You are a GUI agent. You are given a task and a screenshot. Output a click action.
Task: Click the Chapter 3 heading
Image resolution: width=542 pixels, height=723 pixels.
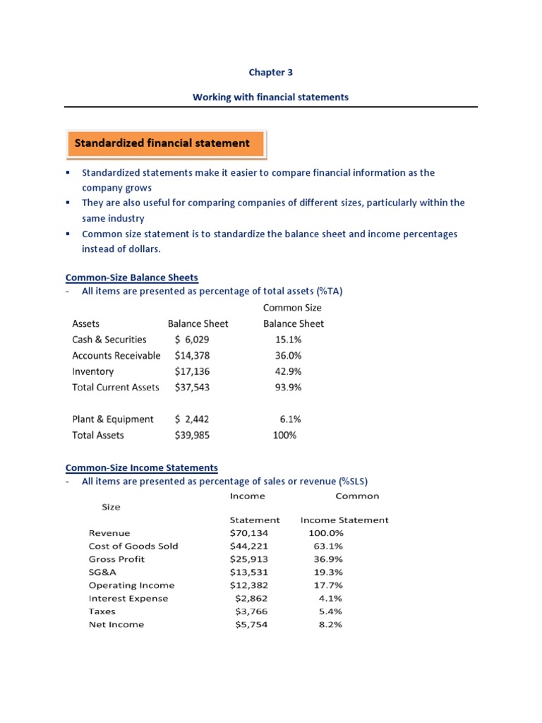tap(270, 72)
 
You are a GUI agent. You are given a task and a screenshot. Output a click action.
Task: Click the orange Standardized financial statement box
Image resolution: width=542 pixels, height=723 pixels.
tap(165, 143)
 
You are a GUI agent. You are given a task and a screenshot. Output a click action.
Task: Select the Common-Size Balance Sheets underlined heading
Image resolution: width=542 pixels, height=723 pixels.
tap(131, 277)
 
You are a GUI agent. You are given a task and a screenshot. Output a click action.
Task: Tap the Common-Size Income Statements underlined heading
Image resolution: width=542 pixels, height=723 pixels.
tap(142, 467)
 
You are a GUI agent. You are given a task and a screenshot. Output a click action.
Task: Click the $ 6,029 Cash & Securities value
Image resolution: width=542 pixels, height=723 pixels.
tap(192, 340)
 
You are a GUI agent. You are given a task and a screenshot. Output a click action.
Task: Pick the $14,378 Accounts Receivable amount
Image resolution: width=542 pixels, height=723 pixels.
tap(192, 356)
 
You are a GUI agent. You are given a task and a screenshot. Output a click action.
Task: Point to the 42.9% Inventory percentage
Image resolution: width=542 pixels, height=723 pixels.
tap(288, 371)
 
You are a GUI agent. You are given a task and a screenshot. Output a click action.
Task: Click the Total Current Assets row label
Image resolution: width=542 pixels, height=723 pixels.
tap(116, 388)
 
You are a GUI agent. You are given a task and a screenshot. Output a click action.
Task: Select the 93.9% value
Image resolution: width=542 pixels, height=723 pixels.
tap(288, 388)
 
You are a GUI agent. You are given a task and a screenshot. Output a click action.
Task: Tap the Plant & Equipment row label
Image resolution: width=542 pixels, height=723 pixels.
tap(113, 419)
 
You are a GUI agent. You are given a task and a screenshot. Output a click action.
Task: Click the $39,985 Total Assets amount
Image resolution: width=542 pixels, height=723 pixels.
tap(192, 436)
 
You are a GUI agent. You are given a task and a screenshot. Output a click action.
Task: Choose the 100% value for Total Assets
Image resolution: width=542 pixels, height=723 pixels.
tap(285, 436)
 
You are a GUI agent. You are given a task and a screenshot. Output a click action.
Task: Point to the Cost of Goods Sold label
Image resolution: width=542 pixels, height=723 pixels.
tap(133, 546)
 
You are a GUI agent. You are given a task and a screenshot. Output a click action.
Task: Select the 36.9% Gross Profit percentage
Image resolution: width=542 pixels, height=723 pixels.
tap(327, 559)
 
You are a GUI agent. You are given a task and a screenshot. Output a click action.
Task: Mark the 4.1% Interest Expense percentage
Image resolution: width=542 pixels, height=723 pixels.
tap(330, 598)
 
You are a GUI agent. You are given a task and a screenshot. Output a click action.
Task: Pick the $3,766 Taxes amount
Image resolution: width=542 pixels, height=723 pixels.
tap(251, 611)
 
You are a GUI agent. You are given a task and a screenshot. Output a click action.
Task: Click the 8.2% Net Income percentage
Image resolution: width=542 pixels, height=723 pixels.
tap(330, 624)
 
